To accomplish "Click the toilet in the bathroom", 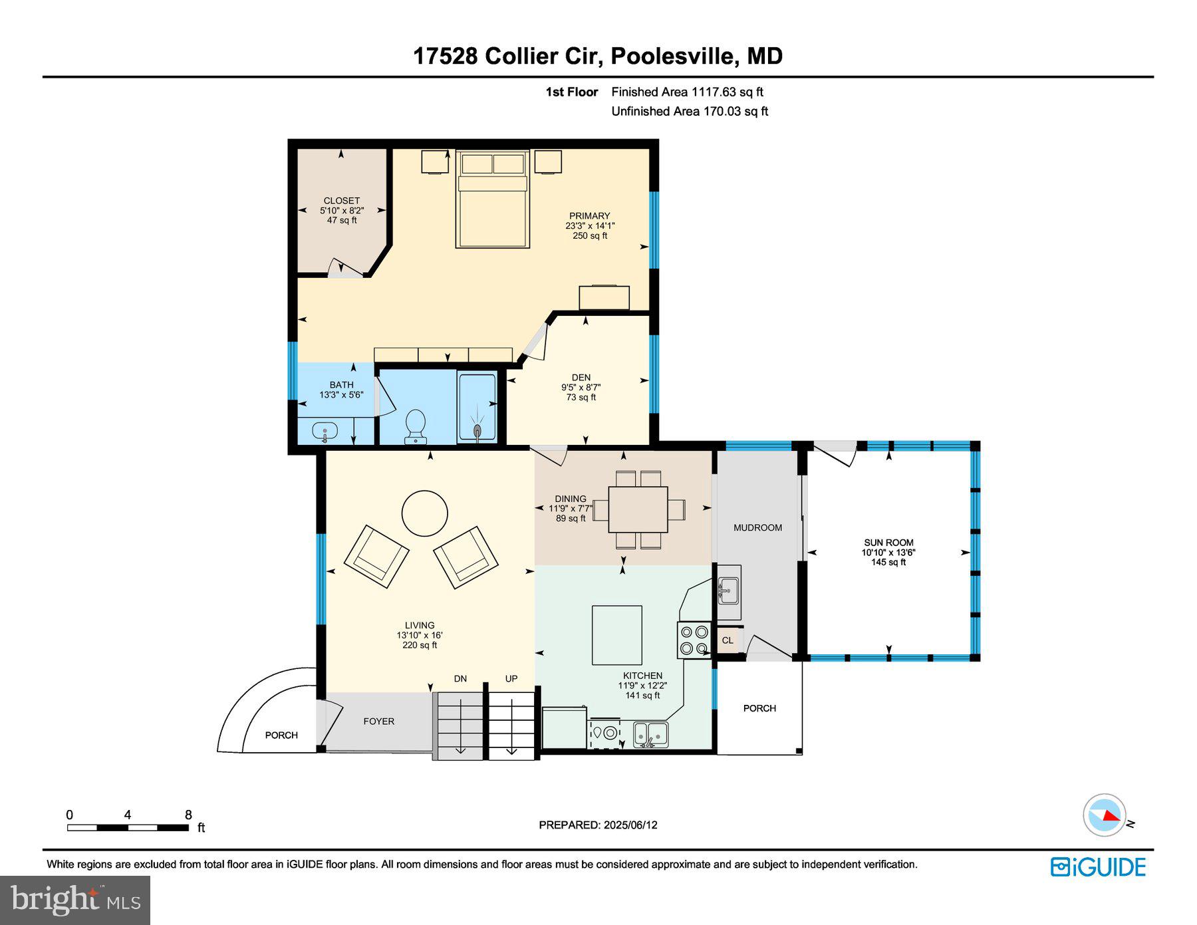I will [x=416, y=426].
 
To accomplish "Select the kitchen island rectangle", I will [x=617, y=635].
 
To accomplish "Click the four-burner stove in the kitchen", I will [x=694, y=640].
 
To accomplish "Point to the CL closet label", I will [x=728, y=640].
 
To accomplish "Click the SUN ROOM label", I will [x=888, y=543].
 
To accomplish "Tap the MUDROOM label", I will [x=757, y=527].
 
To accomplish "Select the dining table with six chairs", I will [x=638, y=509].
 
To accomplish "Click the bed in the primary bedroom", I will [x=493, y=199].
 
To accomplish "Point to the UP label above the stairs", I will [x=511, y=679].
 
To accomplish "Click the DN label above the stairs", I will [x=460, y=679].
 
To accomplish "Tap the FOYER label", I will [x=378, y=721].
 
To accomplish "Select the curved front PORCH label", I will [x=281, y=735].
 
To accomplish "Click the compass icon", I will [x=1105, y=815].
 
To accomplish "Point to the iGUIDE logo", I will [x=1098, y=867].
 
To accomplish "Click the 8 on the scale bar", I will [x=188, y=815].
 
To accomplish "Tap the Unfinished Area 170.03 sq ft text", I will [x=690, y=111].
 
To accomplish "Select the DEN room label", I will [x=581, y=377].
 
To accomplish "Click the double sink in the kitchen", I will [x=650, y=733].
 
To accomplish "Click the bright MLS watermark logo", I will [x=75, y=900].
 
